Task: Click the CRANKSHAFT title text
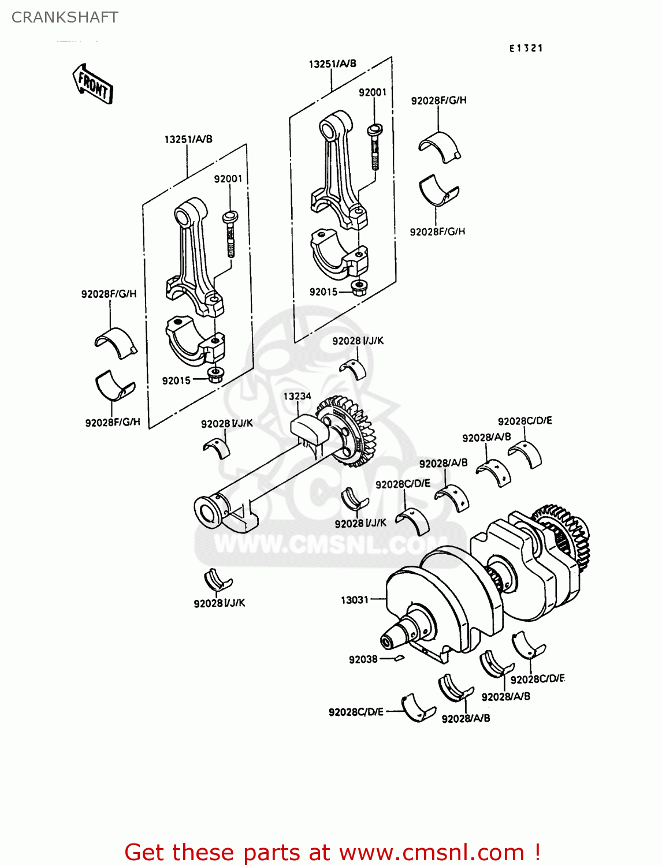pyautogui.click(x=65, y=17)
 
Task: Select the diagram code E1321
pyautogui.click(x=526, y=48)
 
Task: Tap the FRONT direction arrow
pyautogui.click(x=93, y=84)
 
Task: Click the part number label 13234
pyautogui.click(x=297, y=396)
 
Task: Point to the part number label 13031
pyautogui.click(x=354, y=600)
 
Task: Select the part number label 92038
pyautogui.click(x=363, y=659)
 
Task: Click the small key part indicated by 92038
pyautogui.click(x=398, y=658)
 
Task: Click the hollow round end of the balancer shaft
pyautogui.click(x=206, y=511)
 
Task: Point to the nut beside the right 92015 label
pyautogui.click(x=359, y=287)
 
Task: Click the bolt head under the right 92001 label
pyautogui.click(x=374, y=129)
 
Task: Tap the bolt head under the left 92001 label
pyautogui.click(x=230, y=216)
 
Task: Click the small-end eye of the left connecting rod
pyautogui.click(x=185, y=217)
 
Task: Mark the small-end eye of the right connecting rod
pyautogui.click(x=329, y=129)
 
